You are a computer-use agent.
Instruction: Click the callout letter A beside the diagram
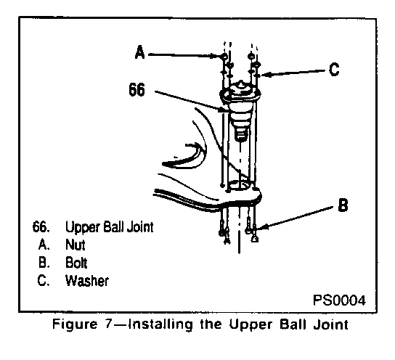pos(140,52)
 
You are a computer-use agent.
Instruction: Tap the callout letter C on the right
pos(334,69)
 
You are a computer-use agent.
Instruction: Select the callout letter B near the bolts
pos(343,205)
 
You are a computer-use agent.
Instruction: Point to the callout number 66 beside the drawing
pos(137,89)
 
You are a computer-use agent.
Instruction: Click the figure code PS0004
pos(339,300)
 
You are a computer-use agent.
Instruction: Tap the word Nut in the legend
pos(75,245)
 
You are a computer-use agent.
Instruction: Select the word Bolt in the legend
pos(76,263)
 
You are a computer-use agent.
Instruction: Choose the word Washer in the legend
pos(87,281)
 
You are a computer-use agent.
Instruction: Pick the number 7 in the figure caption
pos(107,324)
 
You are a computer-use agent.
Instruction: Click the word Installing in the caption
pos(161,324)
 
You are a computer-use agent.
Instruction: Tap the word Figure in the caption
pos(75,324)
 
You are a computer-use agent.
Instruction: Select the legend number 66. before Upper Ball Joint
pos(41,226)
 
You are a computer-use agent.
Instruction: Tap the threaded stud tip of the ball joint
pos(241,134)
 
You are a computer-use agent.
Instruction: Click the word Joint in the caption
pos(331,324)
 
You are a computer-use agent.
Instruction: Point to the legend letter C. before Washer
pos(44,281)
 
